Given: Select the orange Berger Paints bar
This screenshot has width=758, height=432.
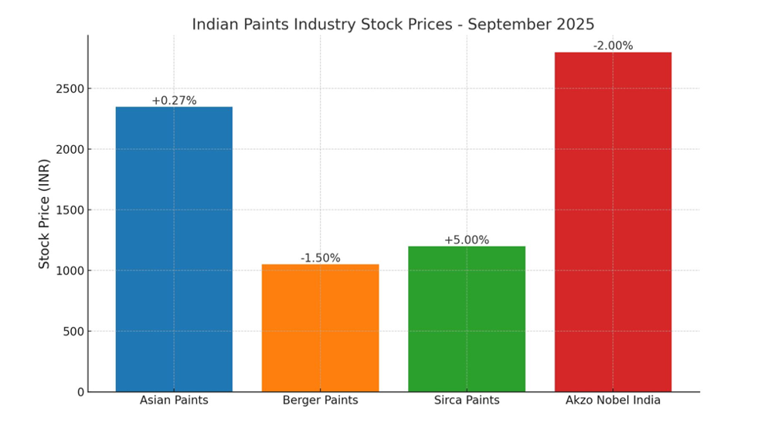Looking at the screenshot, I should coord(320,328).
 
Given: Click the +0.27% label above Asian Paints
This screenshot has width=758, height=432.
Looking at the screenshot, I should coord(174,100).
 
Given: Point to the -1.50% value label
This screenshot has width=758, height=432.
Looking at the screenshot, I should coord(320,258).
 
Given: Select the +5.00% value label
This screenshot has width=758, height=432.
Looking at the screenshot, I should coord(467,240).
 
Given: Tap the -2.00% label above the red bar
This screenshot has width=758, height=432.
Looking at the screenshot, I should coord(613,46).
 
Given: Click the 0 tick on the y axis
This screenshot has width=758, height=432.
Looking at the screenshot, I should coord(80,392).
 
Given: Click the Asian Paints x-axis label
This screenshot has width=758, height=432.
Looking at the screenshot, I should coord(174,400).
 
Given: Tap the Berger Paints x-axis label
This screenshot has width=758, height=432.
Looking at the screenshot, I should coord(320,400).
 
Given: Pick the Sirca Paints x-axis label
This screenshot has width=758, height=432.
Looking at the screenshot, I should coord(467,400).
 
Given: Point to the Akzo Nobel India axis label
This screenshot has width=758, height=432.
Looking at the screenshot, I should coord(613,400).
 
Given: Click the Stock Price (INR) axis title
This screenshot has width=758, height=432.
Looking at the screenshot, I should coord(45,213).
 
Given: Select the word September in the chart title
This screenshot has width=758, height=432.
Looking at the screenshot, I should coord(505,24).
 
